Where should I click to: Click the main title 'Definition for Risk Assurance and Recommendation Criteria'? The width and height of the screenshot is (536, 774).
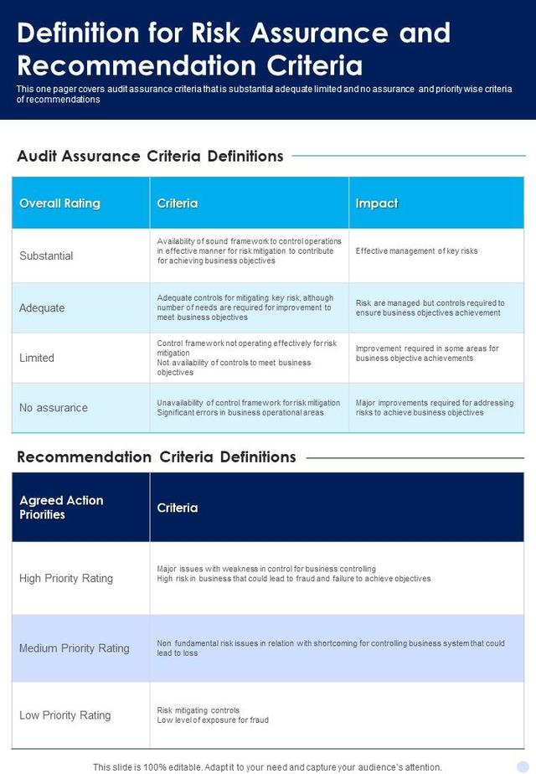tap(234, 49)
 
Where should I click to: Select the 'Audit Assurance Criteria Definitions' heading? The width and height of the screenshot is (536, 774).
tap(150, 156)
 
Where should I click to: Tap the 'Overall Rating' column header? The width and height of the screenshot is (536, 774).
tap(59, 204)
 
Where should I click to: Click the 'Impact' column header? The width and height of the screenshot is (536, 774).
tap(376, 204)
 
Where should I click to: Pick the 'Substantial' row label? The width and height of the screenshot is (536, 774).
tap(46, 256)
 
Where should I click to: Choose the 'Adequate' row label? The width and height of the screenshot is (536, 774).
tap(42, 308)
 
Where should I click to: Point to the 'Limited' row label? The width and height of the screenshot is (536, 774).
tap(37, 358)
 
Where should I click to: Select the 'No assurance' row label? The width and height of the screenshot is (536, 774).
tap(54, 408)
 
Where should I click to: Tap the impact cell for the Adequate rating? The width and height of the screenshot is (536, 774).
tap(430, 308)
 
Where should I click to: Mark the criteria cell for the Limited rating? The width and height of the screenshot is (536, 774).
tap(247, 358)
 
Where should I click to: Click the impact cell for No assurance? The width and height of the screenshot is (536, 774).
tap(435, 408)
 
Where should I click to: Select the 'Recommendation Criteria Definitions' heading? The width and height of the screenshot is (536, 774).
tap(157, 457)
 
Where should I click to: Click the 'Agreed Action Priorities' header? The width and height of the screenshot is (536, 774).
tap(61, 508)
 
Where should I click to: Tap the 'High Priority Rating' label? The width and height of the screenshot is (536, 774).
tap(66, 579)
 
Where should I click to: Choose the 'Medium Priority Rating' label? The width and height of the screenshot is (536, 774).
tap(75, 648)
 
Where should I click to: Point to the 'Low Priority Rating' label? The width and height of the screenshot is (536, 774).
tap(65, 715)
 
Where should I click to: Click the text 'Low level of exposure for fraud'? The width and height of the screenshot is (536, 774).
tap(213, 720)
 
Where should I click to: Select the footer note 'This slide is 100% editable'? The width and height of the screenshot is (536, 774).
tap(267, 766)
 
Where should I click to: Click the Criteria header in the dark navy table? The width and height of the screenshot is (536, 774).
tap(178, 508)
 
